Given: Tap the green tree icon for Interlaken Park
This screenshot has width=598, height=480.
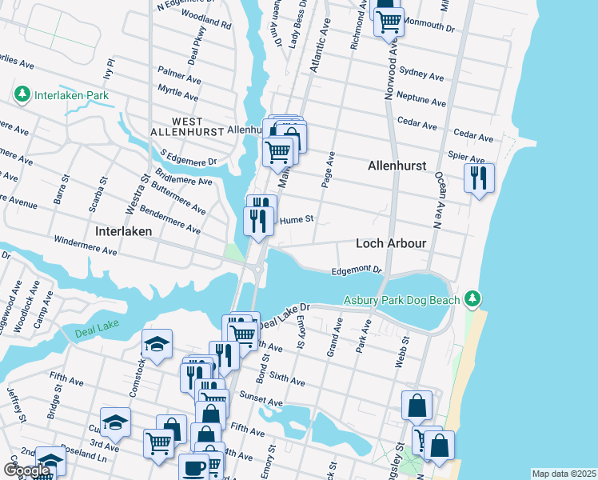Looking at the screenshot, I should pos(22,95).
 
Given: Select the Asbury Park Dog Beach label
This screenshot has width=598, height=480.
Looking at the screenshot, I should pos(401,300).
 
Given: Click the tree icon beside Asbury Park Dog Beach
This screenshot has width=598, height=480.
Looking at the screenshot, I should pos(473,299).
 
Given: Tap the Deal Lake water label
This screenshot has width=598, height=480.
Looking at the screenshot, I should pos(96,331).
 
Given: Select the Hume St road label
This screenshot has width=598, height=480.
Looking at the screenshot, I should pos(296,218).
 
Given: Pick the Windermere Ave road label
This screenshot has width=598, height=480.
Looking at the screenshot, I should pos(85,245).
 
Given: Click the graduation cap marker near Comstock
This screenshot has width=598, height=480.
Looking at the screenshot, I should pos(157,345).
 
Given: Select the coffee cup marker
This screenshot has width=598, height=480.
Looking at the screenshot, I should pos(192,467).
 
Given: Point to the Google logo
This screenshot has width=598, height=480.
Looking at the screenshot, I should pos(26,470).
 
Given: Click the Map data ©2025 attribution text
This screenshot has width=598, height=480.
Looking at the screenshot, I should pos(564,474).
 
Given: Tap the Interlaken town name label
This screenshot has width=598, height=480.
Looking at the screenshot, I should pos(123,230).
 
